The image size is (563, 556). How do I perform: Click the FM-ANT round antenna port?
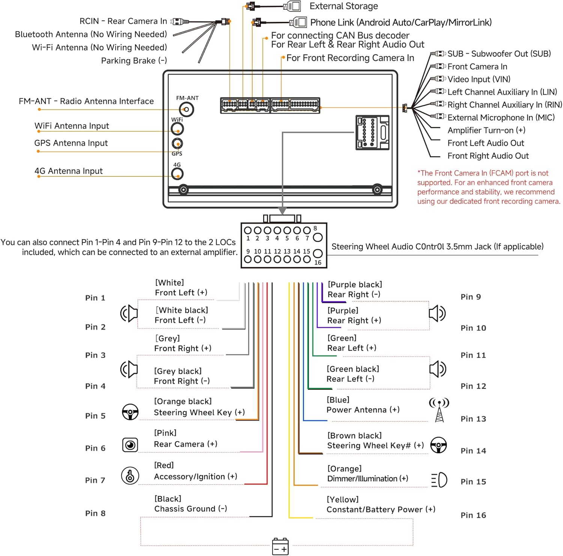(x=186, y=110)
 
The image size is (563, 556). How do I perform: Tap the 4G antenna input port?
(x=177, y=174)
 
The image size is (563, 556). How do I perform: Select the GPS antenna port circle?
(x=177, y=143)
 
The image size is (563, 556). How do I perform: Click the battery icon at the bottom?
(x=280, y=546)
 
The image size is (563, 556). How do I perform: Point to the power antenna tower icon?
(x=439, y=410)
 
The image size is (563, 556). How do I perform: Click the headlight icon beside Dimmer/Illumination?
(x=439, y=480)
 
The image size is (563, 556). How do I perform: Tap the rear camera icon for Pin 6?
(x=130, y=445)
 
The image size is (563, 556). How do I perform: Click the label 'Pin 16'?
(x=473, y=515)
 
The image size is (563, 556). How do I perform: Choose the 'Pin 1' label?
(x=95, y=298)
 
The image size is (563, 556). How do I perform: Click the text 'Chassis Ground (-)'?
(x=191, y=509)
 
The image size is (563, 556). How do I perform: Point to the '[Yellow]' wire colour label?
(x=343, y=499)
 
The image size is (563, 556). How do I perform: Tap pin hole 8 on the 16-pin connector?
(x=318, y=237)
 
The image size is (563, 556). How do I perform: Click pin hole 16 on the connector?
(x=318, y=253)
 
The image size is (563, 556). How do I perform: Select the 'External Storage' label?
(x=344, y=6)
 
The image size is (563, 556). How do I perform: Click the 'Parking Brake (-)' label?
(x=134, y=60)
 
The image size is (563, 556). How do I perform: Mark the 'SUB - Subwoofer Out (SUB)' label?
(x=499, y=54)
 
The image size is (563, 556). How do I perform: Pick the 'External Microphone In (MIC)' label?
(x=501, y=118)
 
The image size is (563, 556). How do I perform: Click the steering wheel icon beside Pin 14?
(x=438, y=445)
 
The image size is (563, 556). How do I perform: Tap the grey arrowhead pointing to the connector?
(x=282, y=211)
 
